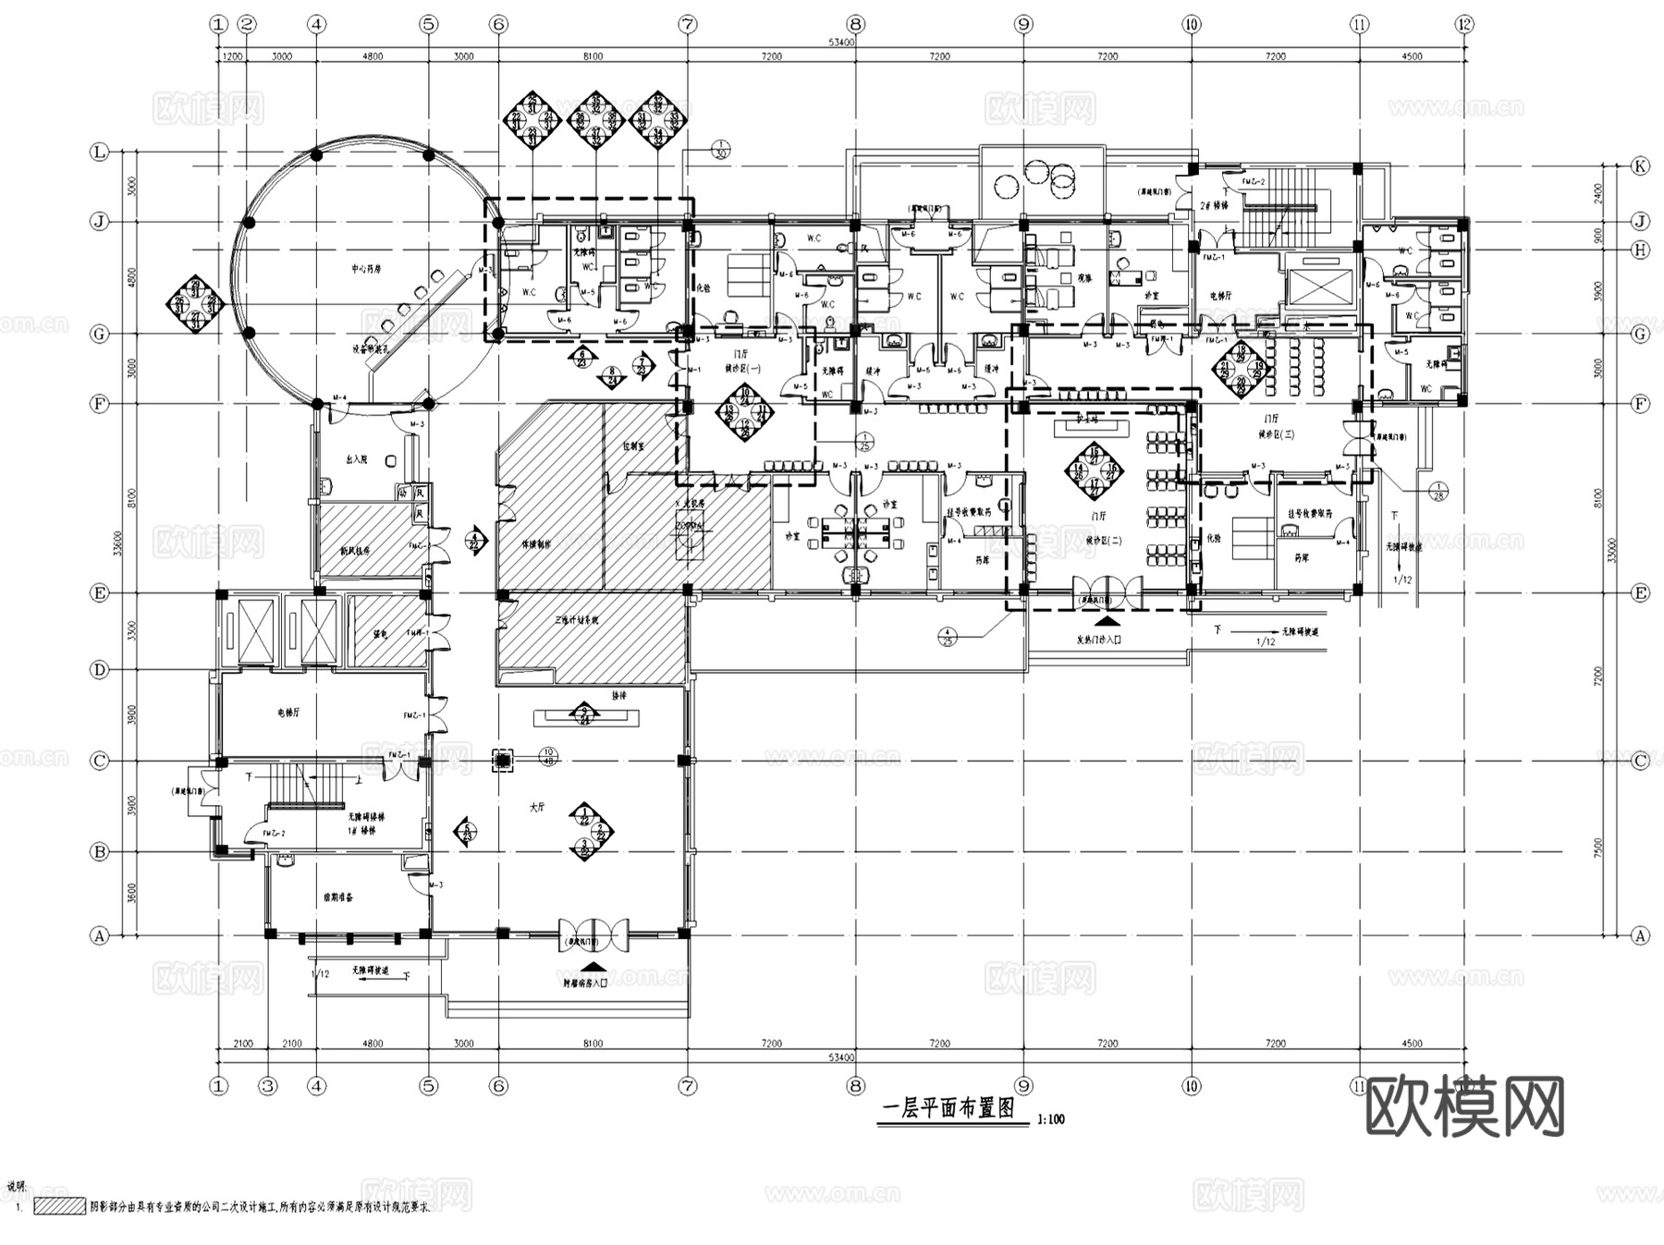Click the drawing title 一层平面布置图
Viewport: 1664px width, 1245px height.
948,1109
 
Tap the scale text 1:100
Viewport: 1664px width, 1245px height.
1051,1119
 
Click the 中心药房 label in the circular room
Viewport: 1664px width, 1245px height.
366,269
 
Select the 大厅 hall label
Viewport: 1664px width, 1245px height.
537,807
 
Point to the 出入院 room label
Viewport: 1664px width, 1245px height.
356,458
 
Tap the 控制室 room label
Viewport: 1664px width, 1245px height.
633,446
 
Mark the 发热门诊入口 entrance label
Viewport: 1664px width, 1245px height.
1099,640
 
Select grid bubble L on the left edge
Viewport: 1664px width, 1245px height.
99,152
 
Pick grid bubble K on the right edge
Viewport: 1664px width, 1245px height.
1640,166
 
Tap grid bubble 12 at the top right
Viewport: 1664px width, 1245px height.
1463,24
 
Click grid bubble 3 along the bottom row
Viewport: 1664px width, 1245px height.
268,1086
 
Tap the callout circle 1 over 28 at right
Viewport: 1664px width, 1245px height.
1438,491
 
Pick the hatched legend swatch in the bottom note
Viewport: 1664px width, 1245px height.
59,1206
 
